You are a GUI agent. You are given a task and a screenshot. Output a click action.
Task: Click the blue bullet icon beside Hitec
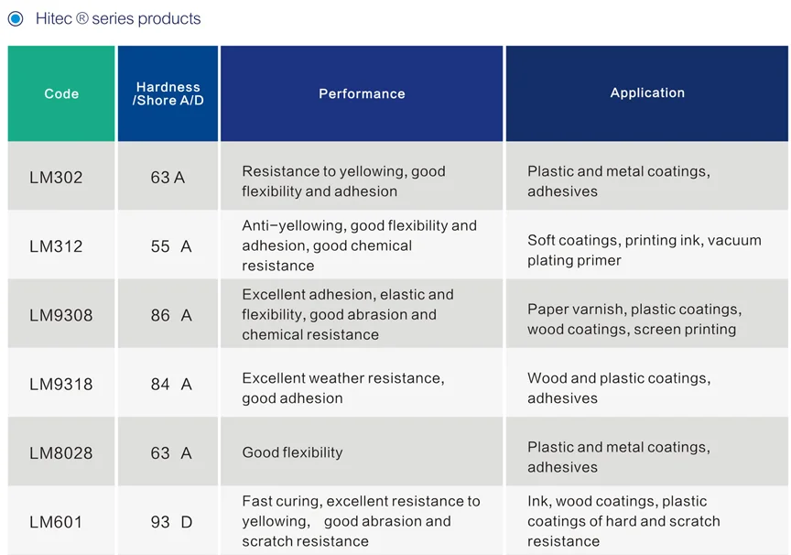pyautogui.click(x=16, y=18)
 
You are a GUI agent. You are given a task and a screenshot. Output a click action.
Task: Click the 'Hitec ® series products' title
pyautogui.click(x=118, y=18)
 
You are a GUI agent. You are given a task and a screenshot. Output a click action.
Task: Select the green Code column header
pyautogui.click(x=61, y=93)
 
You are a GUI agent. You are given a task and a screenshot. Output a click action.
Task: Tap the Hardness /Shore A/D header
pyautogui.click(x=168, y=93)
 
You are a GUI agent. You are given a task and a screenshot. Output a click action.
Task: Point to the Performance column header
pyautogui.click(x=362, y=93)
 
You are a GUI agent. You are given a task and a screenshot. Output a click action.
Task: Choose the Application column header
pyautogui.click(x=647, y=92)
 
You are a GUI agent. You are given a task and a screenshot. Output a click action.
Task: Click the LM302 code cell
pyautogui.click(x=56, y=177)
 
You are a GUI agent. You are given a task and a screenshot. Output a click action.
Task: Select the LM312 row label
pyautogui.click(x=56, y=246)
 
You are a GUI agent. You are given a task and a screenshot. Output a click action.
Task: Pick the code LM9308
pyautogui.click(x=60, y=315)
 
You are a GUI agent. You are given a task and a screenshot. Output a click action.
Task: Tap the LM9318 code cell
pyautogui.click(x=60, y=385)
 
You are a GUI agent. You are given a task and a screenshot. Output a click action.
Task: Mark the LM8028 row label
pyautogui.click(x=60, y=453)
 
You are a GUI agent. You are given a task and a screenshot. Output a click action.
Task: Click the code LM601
pyautogui.click(x=56, y=522)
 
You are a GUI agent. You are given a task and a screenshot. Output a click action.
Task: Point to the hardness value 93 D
pyautogui.click(x=171, y=522)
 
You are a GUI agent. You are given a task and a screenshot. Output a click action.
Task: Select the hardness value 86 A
pyautogui.click(x=171, y=315)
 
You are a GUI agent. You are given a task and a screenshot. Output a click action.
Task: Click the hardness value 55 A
pyautogui.click(x=171, y=246)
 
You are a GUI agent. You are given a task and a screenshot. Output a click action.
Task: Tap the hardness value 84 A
pyautogui.click(x=171, y=385)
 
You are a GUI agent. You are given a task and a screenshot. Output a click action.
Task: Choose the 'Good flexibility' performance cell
pyautogui.click(x=292, y=452)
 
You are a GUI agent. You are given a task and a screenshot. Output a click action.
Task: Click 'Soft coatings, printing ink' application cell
pyautogui.click(x=644, y=250)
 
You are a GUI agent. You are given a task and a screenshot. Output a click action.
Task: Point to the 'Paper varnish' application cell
pyautogui.click(x=634, y=319)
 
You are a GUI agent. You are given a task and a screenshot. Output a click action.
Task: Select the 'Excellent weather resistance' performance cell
pyautogui.click(x=342, y=388)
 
